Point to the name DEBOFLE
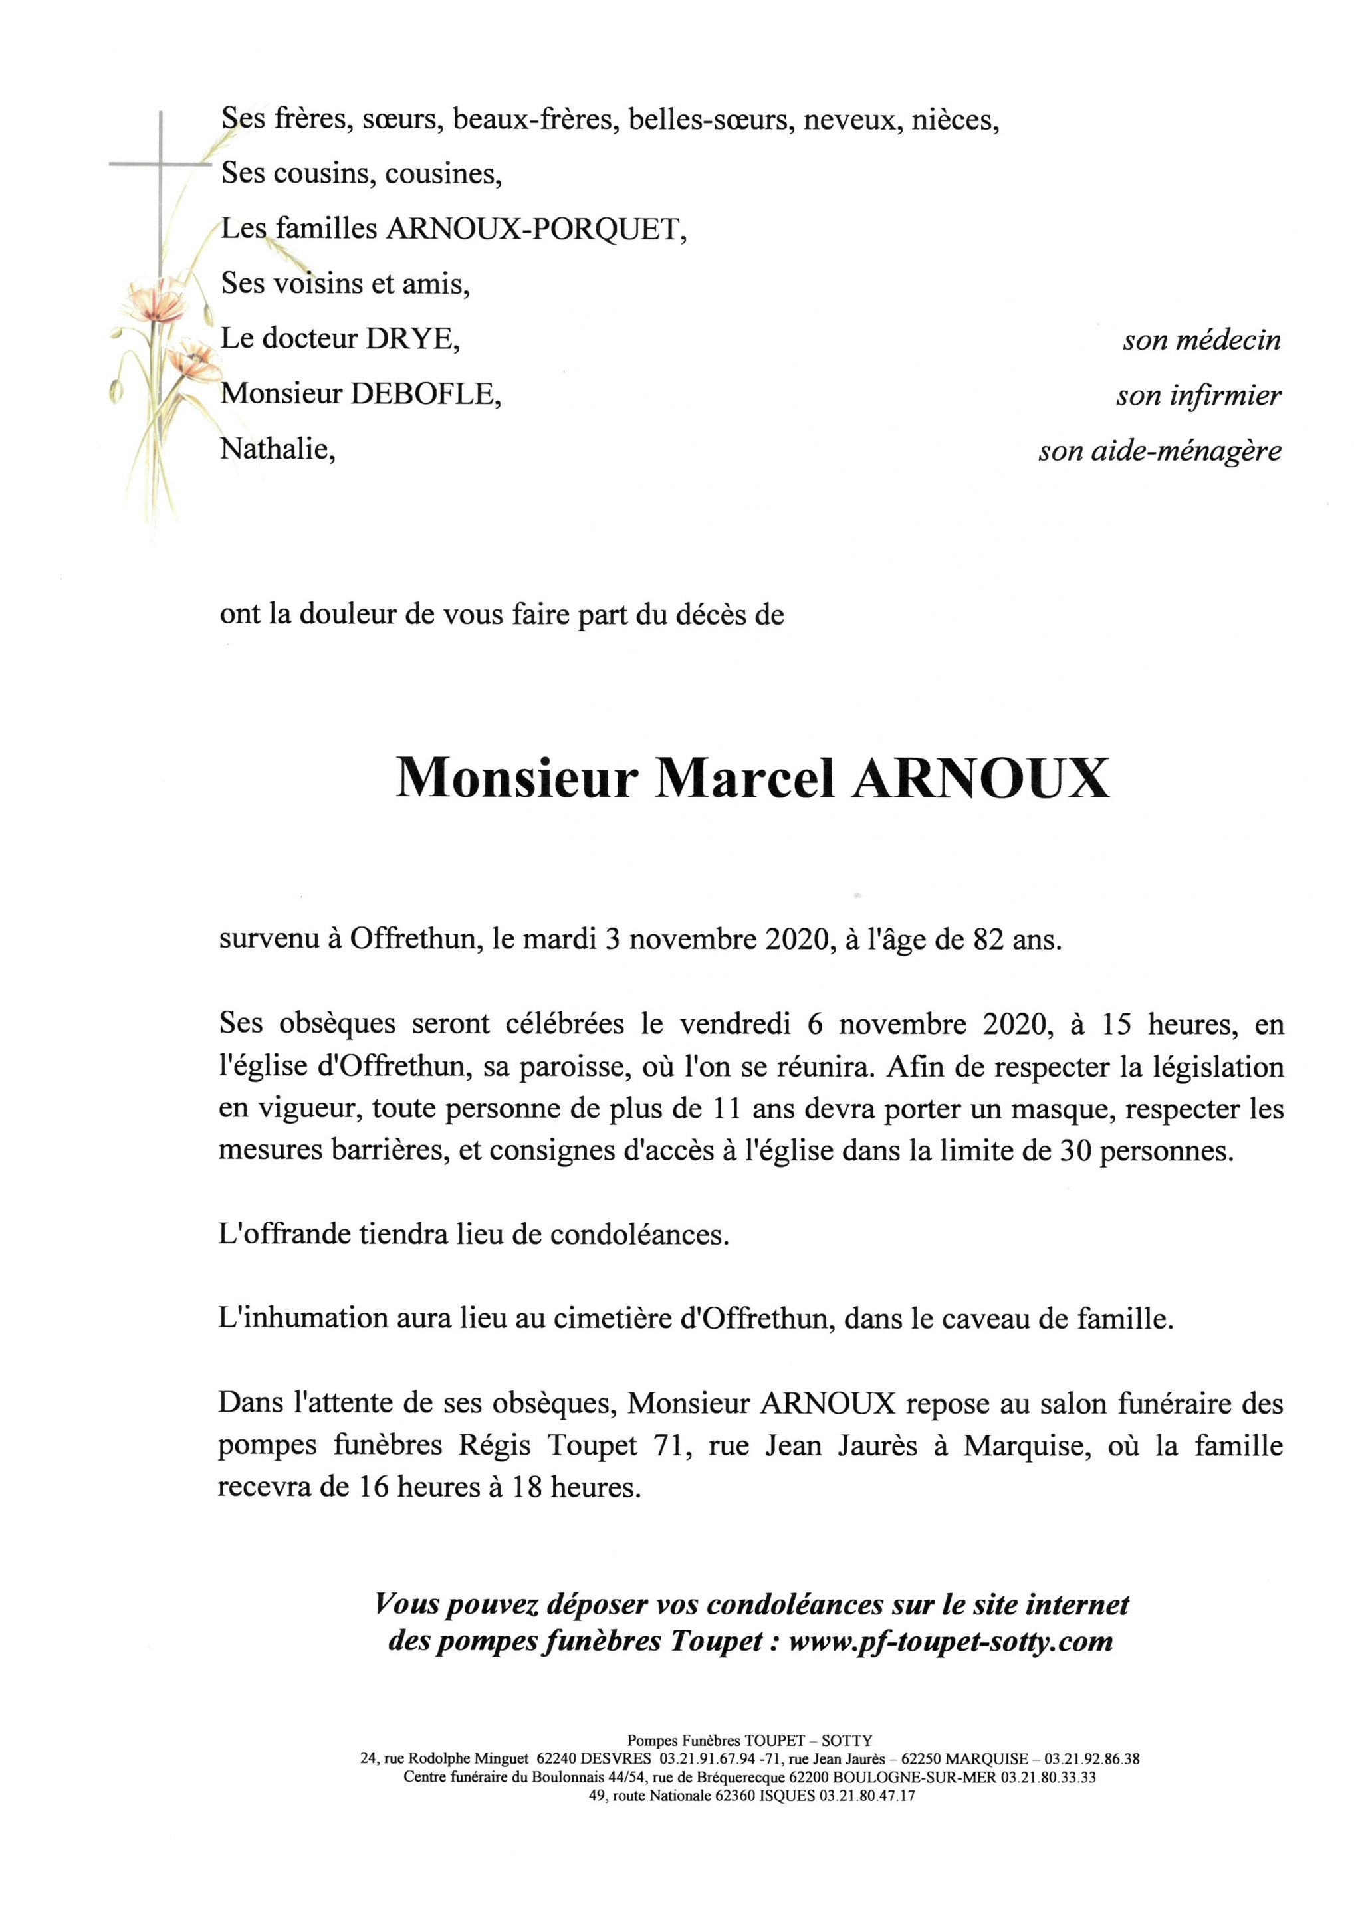(426, 393)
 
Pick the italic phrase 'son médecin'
(1201, 340)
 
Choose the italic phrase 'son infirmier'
(1198, 396)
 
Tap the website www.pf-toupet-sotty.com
(951, 1641)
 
